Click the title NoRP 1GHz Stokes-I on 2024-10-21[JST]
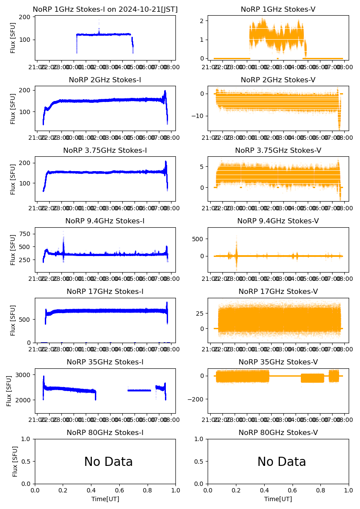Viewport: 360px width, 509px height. point(105,9)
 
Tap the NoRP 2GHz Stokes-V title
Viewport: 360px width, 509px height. point(278,80)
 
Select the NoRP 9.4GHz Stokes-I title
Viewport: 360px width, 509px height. point(105,221)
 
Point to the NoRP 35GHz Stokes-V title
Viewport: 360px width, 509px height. point(278,362)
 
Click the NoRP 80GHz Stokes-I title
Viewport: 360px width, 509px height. point(105,432)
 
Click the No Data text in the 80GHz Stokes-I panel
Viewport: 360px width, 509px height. point(108,462)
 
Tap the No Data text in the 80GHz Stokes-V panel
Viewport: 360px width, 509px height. point(282,462)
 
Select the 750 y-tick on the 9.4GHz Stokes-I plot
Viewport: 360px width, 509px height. point(25,234)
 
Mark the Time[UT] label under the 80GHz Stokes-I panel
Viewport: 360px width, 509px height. point(105,499)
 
